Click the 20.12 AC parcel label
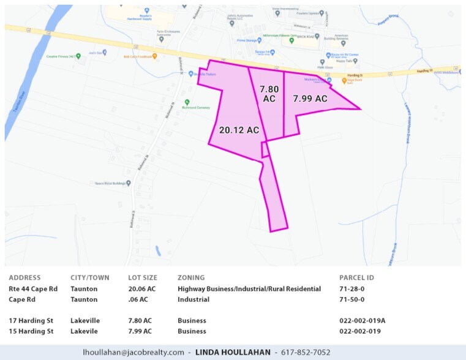pos(239,130)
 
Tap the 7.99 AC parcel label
pos(309,99)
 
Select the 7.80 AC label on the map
pos(269,94)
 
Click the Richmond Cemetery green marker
pos(187,102)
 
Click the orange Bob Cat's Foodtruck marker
pos(155,56)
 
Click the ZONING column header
pos(191,277)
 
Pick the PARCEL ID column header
pos(356,277)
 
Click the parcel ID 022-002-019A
pos(363,320)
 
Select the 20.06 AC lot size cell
pos(141,288)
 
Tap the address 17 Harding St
pos(30,320)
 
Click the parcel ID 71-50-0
pos(351,299)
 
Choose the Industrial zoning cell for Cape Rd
pos(194,299)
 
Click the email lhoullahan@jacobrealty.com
pos(133,352)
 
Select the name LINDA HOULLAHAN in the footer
pos(234,352)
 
